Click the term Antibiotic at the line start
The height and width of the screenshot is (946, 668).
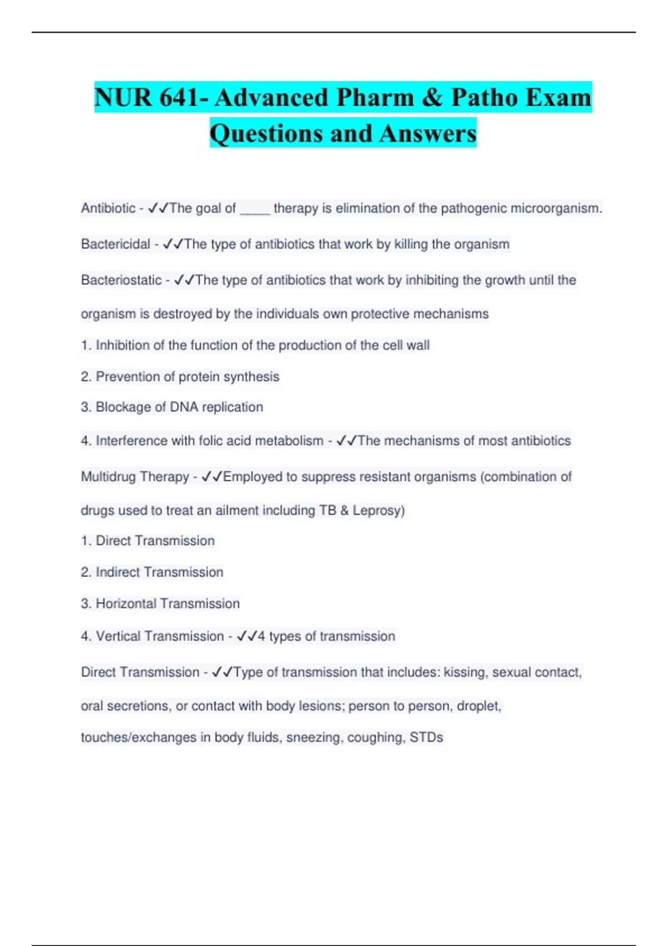[108, 209]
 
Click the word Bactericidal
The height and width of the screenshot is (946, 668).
[115, 244]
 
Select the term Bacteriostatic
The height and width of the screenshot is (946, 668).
[121, 280]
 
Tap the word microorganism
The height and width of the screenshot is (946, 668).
[556, 209]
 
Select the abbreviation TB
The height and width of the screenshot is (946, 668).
[327, 510]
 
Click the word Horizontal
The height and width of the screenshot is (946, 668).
[126, 604]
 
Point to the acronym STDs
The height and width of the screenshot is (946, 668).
[426, 737]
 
